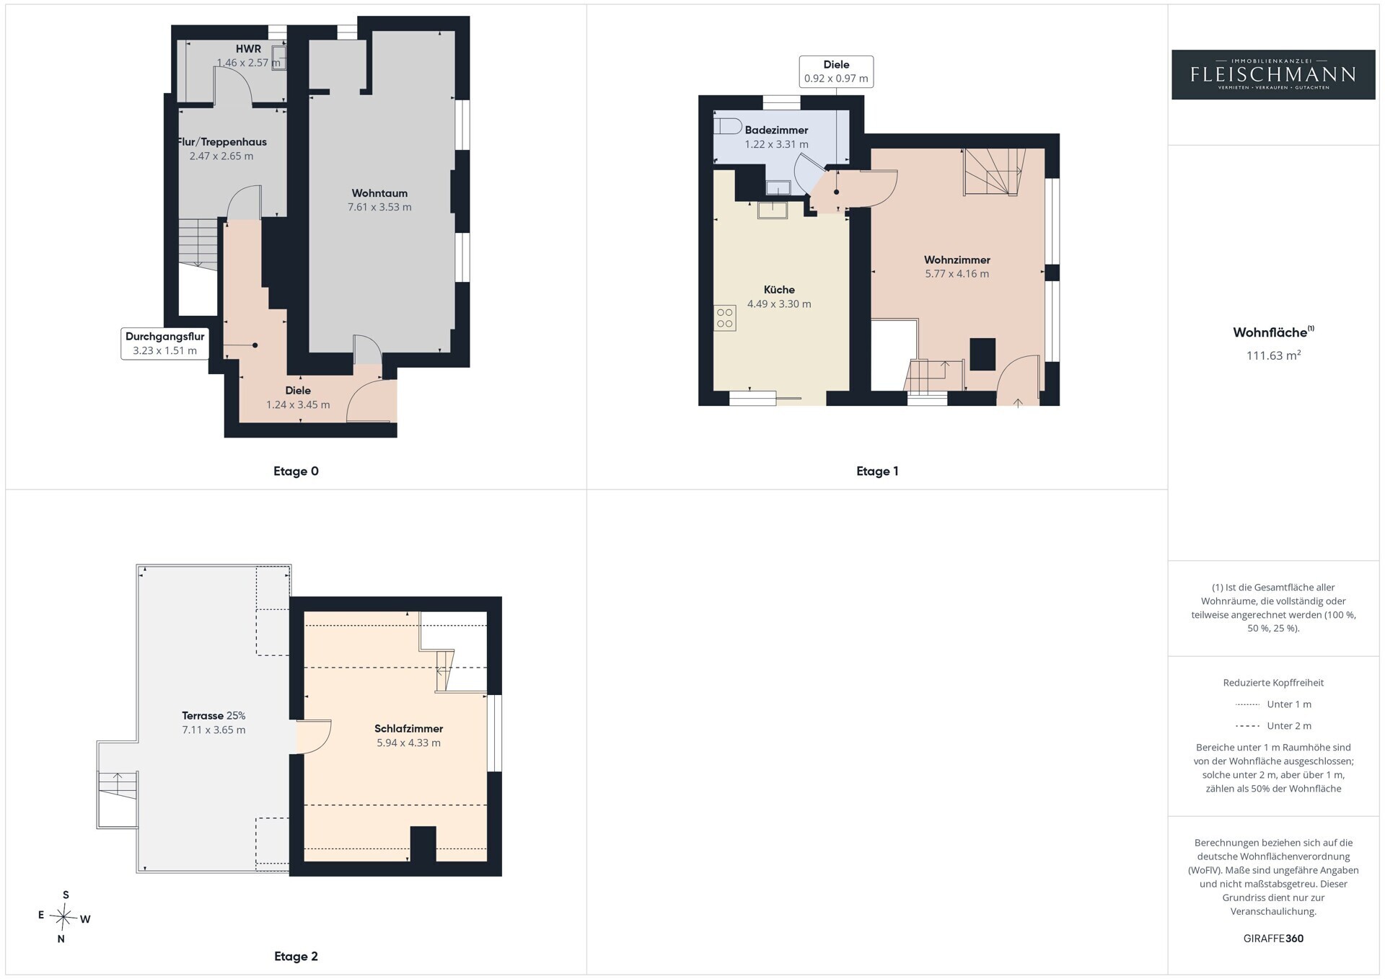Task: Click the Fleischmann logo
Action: [x=1273, y=74]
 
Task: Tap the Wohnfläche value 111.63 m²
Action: [x=1273, y=355]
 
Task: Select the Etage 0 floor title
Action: [x=296, y=471]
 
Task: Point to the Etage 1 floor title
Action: [x=877, y=471]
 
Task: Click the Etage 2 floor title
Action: [x=296, y=957]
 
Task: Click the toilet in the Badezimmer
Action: [x=727, y=126]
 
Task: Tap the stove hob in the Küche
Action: [x=725, y=318]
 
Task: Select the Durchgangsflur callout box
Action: [x=164, y=344]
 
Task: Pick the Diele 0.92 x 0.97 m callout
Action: [x=836, y=71]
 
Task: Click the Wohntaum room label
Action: [x=379, y=193]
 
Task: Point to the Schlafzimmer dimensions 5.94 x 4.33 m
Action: [x=408, y=743]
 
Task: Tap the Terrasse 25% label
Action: [x=214, y=716]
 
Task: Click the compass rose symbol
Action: [x=64, y=917]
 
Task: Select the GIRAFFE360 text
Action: [x=1273, y=939]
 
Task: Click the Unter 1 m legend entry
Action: [x=1273, y=704]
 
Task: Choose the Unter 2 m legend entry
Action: [x=1273, y=726]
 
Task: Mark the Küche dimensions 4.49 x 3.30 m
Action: [x=779, y=304]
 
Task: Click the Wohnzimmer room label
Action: [x=957, y=260]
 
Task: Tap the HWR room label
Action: [x=248, y=49]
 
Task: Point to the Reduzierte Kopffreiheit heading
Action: [x=1273, y=683]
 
